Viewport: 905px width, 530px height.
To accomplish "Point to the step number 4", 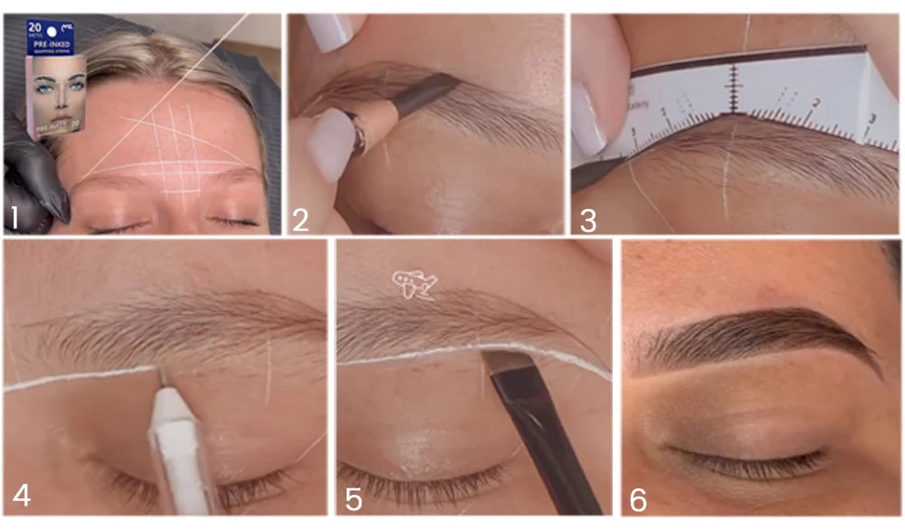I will click(21, 497).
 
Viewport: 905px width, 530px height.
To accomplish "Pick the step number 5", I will click(353, 497).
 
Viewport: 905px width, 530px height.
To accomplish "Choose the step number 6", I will click(638, 498).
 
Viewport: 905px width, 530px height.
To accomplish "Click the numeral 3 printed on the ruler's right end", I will click(870, 119).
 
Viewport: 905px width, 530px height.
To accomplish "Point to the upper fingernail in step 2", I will click(327, 33).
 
